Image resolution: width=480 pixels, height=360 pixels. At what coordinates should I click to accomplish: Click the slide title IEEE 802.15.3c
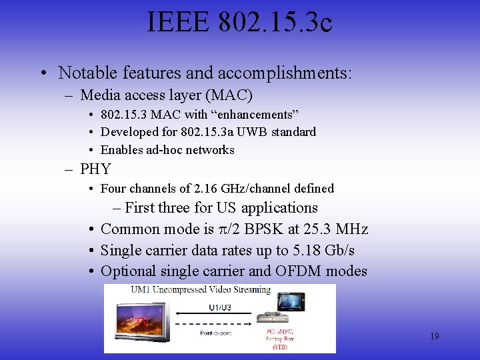(x=240, y=24)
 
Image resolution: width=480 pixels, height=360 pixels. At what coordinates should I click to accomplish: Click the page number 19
(x=434, y=336)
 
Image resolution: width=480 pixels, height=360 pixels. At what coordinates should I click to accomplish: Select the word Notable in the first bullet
(x=82, y=72)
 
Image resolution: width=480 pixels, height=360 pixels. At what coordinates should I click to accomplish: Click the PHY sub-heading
(x=95, y=169)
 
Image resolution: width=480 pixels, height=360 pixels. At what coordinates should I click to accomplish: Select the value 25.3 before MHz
(x=317, y=229)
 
